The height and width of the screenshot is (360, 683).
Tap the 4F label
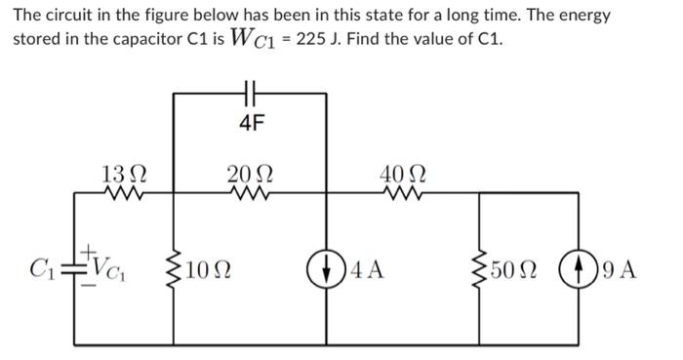(252, 122)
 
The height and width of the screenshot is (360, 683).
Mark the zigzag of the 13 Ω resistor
(125, 193)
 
